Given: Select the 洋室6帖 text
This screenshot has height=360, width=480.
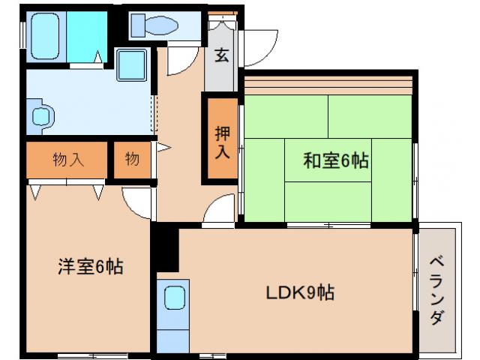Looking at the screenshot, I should [91, 266].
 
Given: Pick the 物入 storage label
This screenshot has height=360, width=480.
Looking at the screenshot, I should [68, 160].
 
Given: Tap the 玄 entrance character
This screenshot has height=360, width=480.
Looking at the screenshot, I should [221, 55].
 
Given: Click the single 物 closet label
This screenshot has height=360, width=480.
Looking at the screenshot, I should [133, 160].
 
